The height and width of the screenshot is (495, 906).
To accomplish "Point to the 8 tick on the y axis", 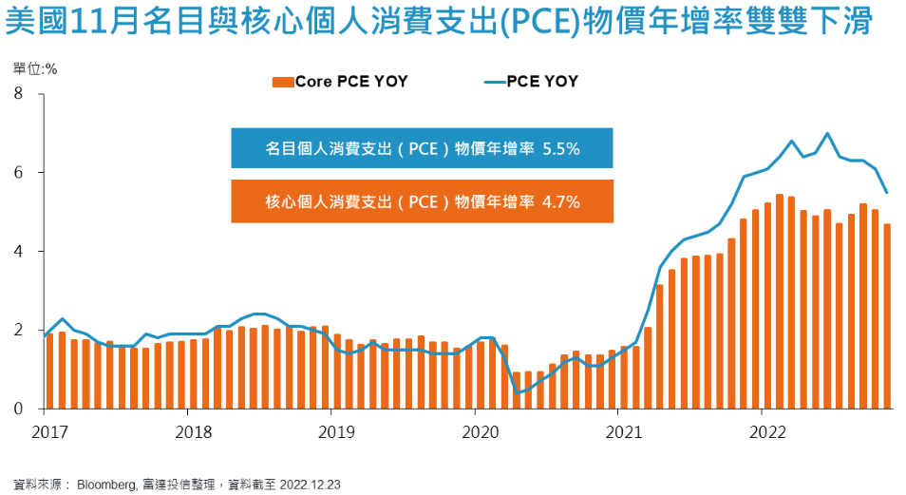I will pos(18,93).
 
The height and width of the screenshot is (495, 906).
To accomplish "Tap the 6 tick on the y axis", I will pos(18,173).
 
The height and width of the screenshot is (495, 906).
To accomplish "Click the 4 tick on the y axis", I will pos(18,252).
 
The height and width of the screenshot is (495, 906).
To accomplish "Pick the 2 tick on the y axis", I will pos(18,331).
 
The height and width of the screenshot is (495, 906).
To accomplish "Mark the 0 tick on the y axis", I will pos(18,409).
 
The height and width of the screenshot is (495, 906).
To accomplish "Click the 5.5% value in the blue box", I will pos(560,148).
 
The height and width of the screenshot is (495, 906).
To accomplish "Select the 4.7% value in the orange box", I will pos(560,201).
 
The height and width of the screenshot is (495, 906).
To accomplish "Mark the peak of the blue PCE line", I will pos(827,133).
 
